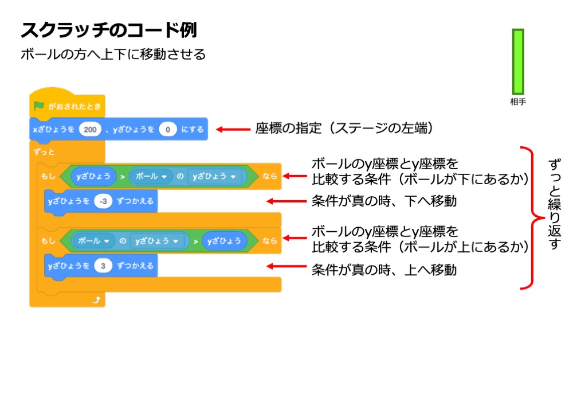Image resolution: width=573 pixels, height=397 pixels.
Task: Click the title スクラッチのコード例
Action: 109,30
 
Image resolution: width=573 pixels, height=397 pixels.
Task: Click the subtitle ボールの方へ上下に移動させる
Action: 113,55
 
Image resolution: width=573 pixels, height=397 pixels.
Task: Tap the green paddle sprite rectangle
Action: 518,61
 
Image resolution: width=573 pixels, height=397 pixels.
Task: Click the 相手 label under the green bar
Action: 518,102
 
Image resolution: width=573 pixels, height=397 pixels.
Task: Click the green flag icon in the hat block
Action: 38,106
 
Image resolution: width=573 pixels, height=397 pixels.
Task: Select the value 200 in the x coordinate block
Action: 89,130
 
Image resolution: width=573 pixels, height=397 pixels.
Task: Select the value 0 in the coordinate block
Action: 167,130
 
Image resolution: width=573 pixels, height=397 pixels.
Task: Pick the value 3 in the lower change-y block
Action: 103,266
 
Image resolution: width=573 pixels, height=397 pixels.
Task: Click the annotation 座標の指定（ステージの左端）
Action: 342,129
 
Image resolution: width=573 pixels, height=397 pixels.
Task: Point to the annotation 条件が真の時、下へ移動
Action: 384,202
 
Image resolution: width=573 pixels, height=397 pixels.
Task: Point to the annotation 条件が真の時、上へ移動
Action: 384,269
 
